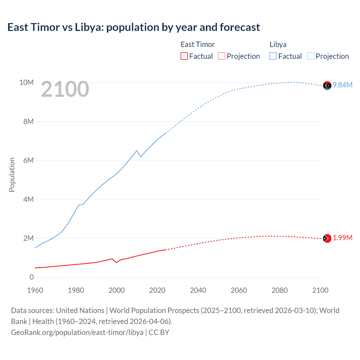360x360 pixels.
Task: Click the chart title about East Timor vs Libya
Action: tap(134, 27)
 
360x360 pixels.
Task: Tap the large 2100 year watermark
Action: tap(65, 89)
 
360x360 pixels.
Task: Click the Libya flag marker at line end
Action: tap(327, 85)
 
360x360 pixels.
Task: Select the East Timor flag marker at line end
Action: tap(327, 238)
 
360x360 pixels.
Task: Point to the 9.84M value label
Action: tap(343, 85)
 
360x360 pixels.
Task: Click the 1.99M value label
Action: tap(343, 238)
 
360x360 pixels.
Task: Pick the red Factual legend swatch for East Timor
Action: tap(184, 56)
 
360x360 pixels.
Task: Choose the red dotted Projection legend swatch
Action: tap(222, 56)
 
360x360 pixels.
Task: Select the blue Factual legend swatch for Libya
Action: tap(273, 56)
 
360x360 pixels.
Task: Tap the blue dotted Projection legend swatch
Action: tap(310, 56)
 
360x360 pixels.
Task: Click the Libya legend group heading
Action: tap(278, 44)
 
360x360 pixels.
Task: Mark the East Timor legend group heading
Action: tap(197, 44)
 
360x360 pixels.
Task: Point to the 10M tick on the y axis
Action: tap(26, 82)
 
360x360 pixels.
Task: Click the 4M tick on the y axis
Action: tap(28, 199)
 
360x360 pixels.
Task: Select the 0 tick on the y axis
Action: tap(31, 277)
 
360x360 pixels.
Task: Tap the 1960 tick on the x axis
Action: tap(35, 290)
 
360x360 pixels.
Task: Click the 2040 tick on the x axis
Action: tap(198, 290)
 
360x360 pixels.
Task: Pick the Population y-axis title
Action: tap(12, 175)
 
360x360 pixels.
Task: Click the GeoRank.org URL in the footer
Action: tap(77, 332)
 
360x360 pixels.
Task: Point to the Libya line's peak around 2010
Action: tap(137, 150)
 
